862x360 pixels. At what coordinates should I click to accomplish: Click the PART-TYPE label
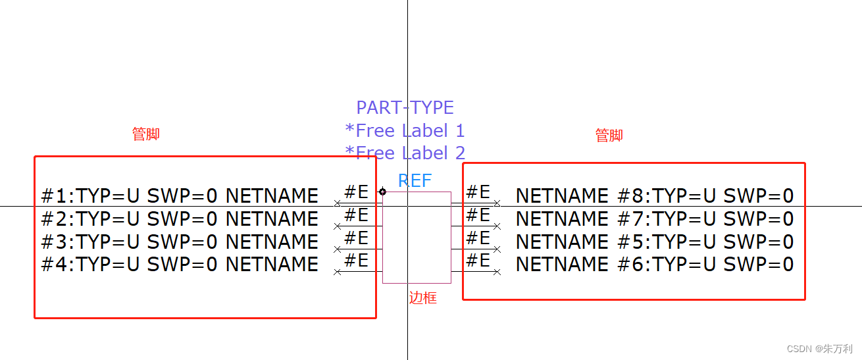(x=405, y=107)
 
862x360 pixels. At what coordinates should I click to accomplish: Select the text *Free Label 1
(x=405, y=130)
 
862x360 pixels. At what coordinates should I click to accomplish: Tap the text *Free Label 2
(x=405, y=153)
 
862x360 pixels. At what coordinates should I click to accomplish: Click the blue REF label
(x=415, y=180)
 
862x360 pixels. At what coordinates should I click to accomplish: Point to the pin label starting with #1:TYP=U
(x=180, y=195)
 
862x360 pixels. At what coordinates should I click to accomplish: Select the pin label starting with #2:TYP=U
(x=180, y=219)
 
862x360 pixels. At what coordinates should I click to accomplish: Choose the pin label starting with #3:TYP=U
(x=180, y=242)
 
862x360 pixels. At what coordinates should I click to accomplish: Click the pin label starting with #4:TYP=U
(x=180, y=264)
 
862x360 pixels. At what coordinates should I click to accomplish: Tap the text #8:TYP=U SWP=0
(x=705, y=195)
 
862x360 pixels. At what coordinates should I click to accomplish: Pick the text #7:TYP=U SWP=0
(x=705, y=219)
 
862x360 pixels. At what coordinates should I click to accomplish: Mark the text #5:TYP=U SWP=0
(x=705, y=242)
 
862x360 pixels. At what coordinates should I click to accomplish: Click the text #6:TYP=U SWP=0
(x=705, y=264)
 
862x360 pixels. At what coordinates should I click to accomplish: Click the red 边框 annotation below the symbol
(x=423, y=298)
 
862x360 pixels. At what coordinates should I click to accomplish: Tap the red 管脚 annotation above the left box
(x=146, y=134)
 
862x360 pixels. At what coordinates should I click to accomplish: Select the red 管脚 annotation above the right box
(x=609, y=135)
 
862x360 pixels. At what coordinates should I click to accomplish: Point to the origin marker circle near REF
(x=382, y=192)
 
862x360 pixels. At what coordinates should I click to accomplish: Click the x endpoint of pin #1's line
(x=337, y=203)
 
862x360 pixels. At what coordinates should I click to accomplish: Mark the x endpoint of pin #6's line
(x=497, y=272)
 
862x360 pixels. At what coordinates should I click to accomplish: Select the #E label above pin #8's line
(x=478, y=192)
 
